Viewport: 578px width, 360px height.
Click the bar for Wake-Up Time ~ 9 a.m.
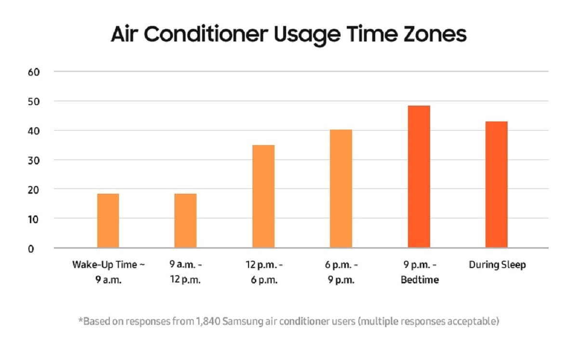(108, 221)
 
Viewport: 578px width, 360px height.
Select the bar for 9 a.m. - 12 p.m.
(185, 221)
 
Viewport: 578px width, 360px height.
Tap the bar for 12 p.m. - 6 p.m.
(263, 197)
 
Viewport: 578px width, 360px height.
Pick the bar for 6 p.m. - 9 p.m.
(341, 189)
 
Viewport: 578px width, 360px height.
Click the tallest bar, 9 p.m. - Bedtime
(419, 177)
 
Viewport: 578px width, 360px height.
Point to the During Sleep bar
(497, 185)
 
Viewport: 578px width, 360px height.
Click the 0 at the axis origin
(32, 249)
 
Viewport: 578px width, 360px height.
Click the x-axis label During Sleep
(497, 265)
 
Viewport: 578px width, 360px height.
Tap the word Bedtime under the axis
(420, 280)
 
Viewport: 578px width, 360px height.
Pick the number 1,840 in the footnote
(197, 321)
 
